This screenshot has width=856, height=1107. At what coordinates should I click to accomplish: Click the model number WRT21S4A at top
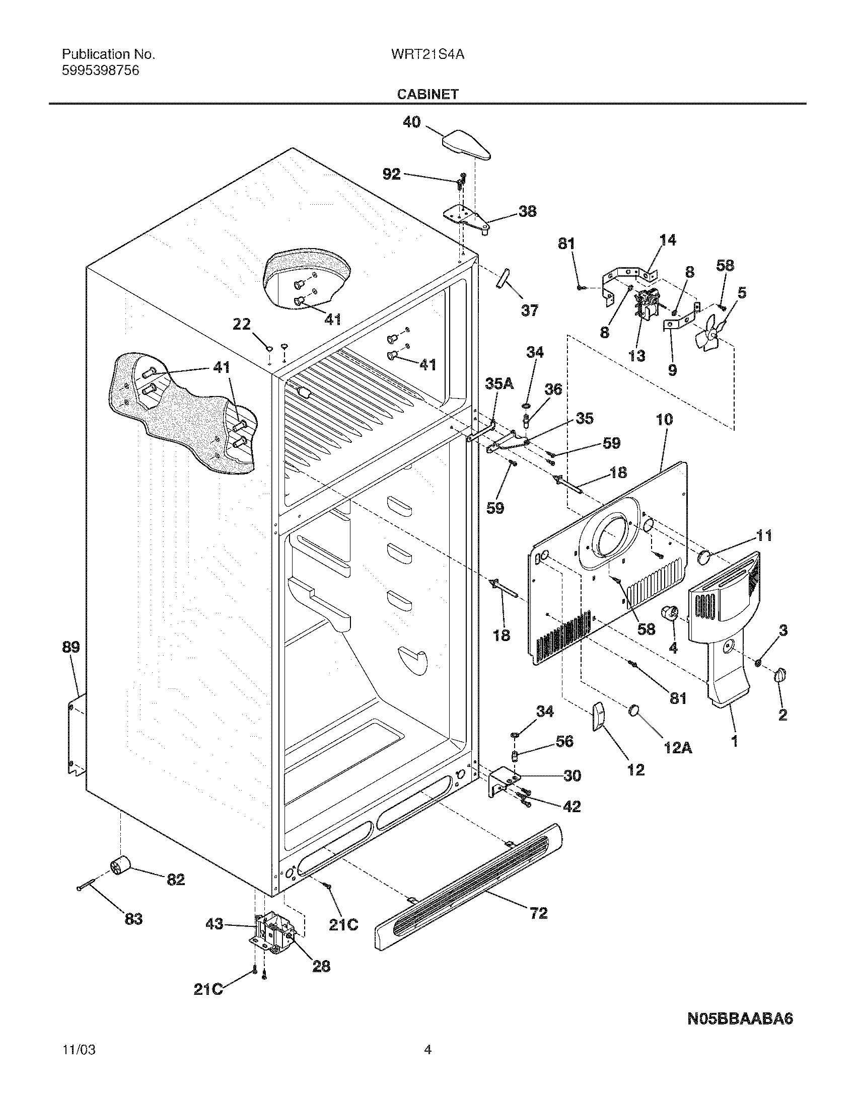tap(427, 55)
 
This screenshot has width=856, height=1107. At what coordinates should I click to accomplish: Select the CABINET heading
tap(427, 94)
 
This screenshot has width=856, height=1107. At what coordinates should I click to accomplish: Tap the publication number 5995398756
tap(100, 71)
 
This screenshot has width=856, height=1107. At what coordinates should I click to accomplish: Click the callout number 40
tap(412, 122)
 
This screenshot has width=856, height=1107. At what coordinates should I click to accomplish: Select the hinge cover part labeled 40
tap(466, 144)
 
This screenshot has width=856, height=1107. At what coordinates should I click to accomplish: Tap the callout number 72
tap(539, 927)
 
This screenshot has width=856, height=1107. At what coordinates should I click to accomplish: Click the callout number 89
tap(72, 647)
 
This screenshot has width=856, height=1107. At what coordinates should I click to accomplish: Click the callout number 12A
tap(678, 747)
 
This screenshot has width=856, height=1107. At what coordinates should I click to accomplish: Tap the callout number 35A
tap(500, 385)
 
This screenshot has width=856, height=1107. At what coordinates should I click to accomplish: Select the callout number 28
tap(321, 981)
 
